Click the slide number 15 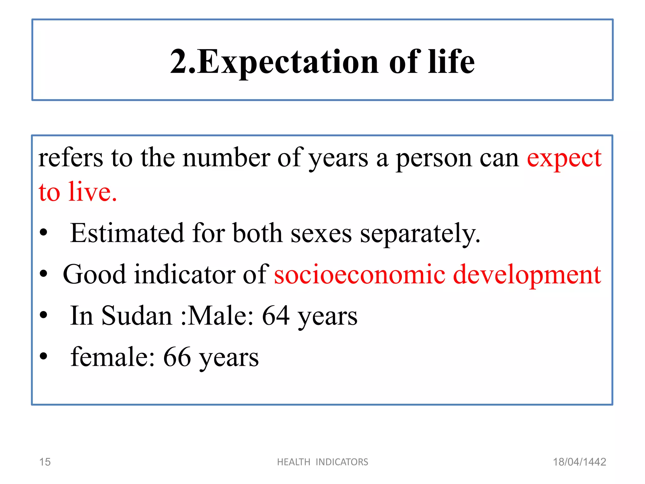click(45, 462)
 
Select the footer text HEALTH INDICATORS click(322, 462)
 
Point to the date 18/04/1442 click(579, 462)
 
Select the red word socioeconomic click(359, 274)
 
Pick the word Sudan click(137, 316)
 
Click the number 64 click(276, 316)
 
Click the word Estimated click(127, 233)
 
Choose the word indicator click(185, 274)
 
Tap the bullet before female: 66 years click(43, 356)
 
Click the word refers click(71, 158)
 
